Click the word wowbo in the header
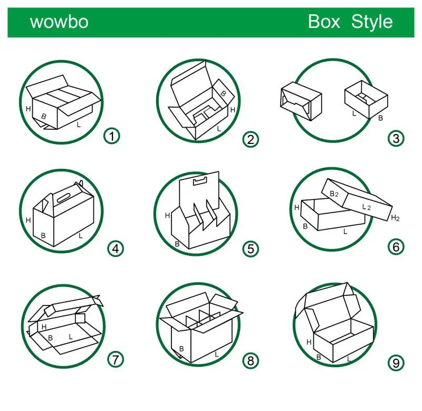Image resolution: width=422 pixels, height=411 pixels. pos(59,22)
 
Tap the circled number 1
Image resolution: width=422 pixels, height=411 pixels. pos(111,136)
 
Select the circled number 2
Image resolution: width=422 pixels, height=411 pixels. pos(251,139)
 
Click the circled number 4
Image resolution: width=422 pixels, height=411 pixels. pos(115,247)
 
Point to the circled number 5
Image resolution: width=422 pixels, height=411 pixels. pos(251,248)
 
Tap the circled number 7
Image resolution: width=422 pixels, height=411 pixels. pos(116,359)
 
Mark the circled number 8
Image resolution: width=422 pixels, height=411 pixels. pos(251,361)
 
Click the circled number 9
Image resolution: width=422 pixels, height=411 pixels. pos(396,362)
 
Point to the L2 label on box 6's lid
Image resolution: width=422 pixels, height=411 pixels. pos(367,207)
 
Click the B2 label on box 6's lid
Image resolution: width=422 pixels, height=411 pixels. pos(334,194)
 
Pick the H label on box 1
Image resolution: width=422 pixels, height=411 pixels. pos(28,109)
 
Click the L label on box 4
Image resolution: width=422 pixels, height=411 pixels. pos(81,235)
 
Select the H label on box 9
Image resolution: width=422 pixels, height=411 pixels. pos(309,342)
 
